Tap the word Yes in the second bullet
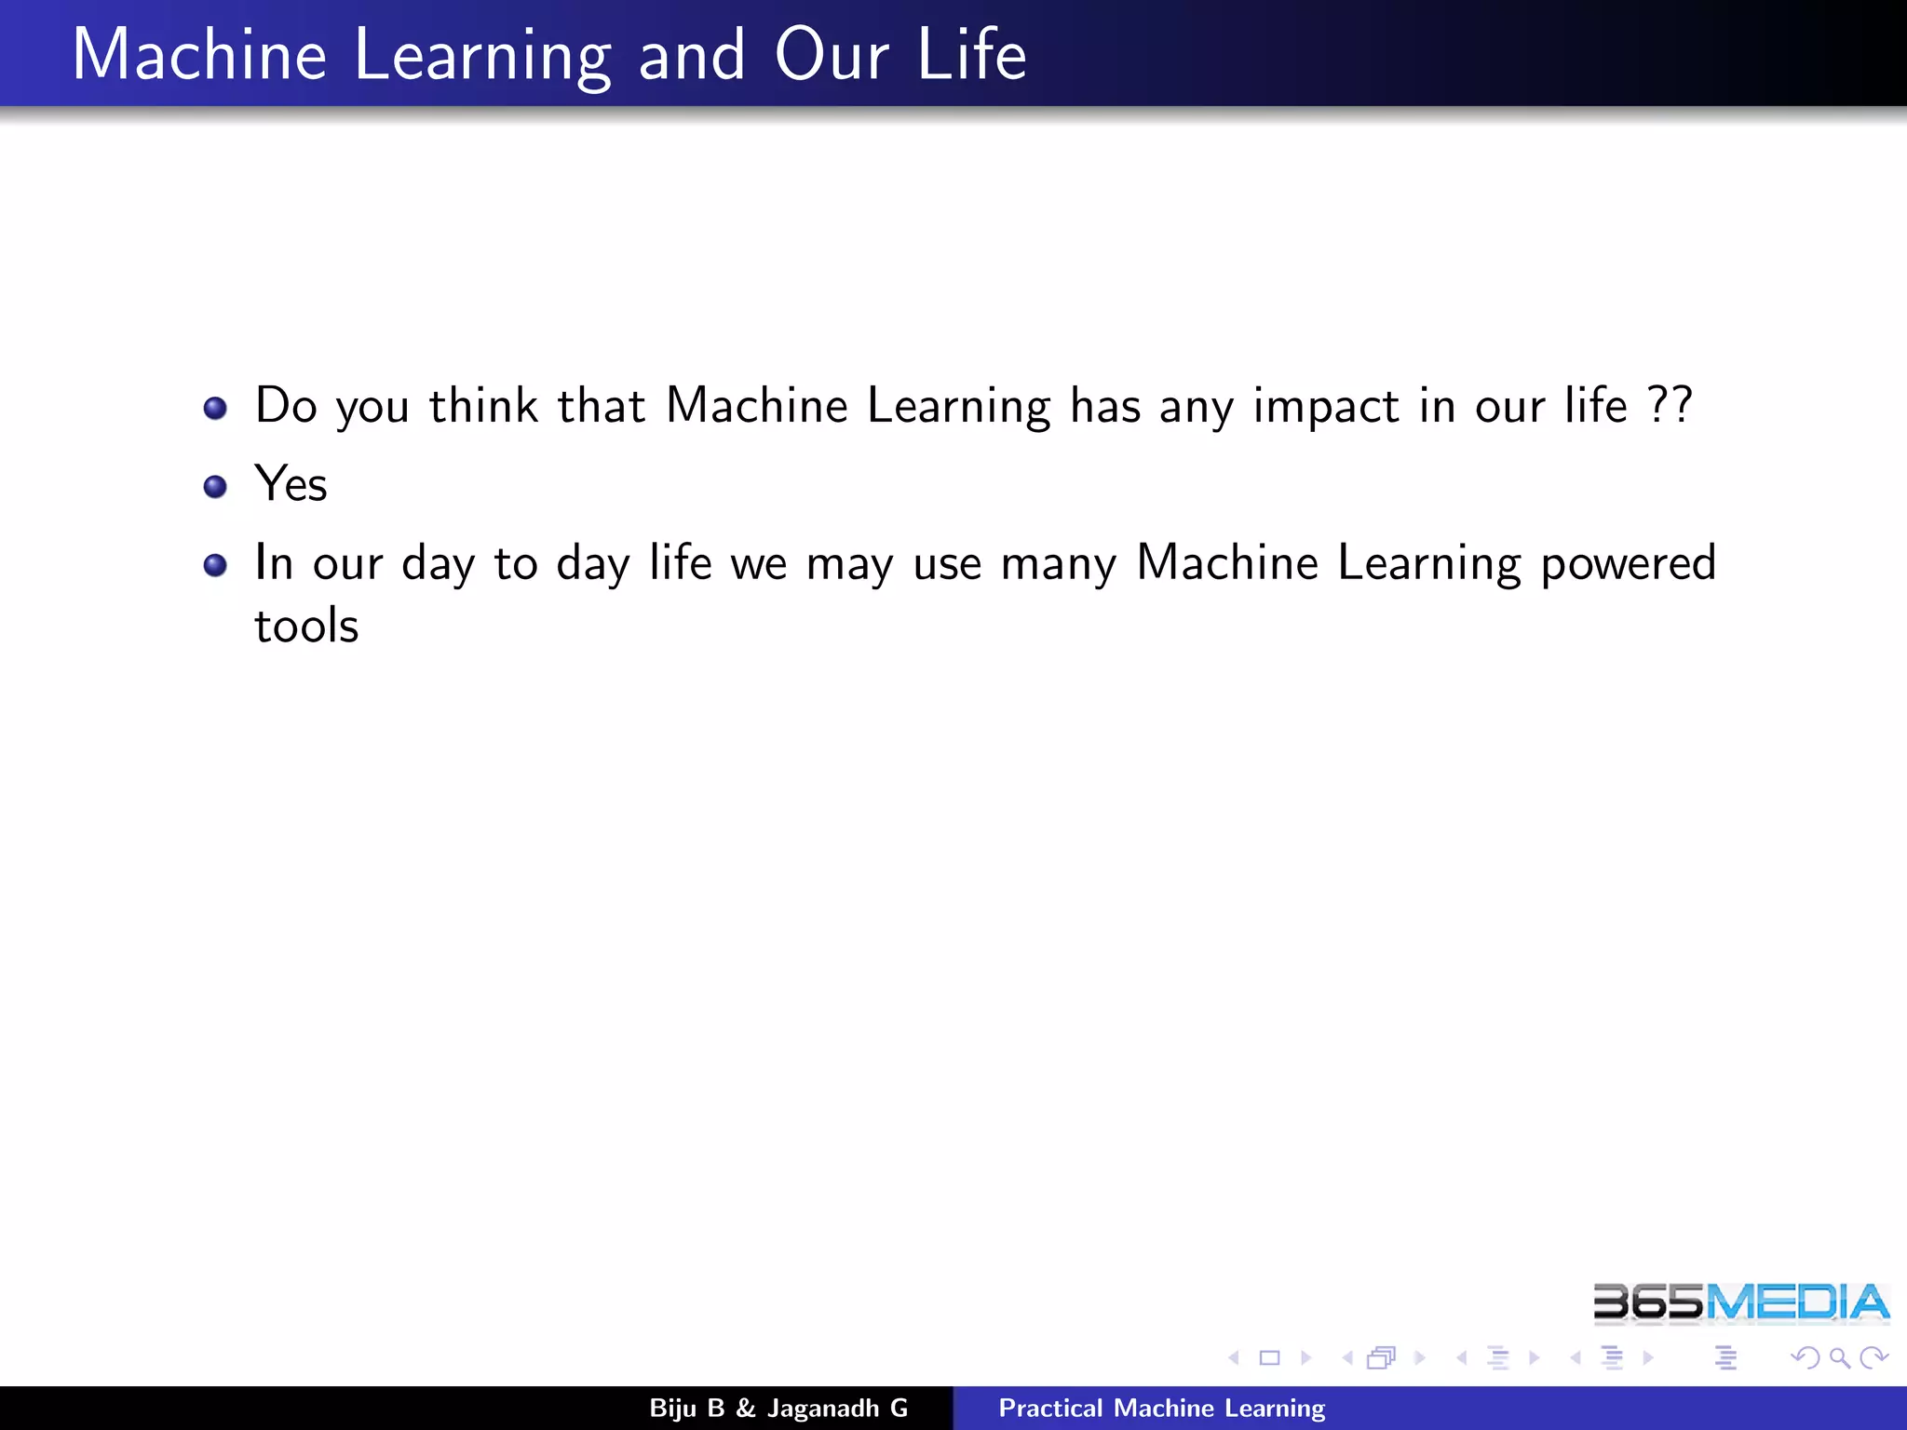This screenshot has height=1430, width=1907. (x=291, y=484)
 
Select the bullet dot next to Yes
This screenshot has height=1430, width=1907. (x=215, y=486)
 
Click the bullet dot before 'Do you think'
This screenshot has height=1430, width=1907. (x=215, y=408)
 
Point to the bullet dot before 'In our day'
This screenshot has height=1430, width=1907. (x=215, y=565)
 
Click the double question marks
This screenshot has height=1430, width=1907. (x=1669, y=406)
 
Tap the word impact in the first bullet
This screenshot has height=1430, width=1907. (x=1325, y=408)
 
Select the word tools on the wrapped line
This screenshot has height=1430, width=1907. (x=306, y=626)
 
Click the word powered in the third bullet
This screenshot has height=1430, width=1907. (x=1628, y=564)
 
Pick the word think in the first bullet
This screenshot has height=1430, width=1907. (x=483, y=406)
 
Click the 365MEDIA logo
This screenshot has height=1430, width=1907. (x=1740, y=1302)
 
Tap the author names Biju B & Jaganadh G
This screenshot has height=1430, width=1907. (x=778, y=1408)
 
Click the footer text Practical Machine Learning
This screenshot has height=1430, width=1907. (x=1161, y=1408)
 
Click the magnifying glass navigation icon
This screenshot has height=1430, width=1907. (x=1839, y=1358)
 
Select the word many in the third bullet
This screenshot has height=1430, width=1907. (x=1058, y=564)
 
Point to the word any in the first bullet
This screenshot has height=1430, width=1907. (x=1196, y=408)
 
